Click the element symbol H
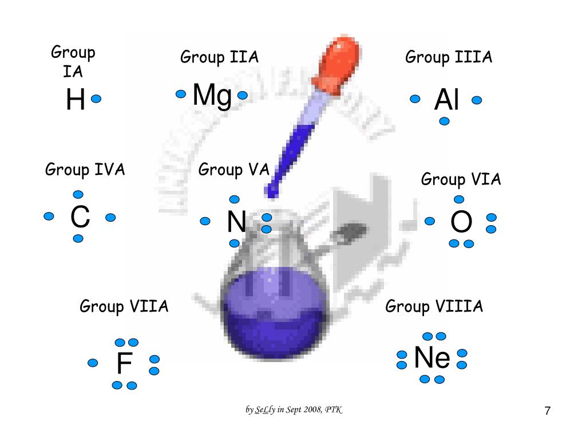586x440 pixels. (x=76, y=101)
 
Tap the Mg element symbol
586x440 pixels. (x=212, y=96)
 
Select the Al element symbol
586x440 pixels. (x=446, y=101)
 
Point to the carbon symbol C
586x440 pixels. (x=80, y=218)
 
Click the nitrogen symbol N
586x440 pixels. (x=236, y=222)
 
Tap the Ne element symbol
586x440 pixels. (x=432, y=359)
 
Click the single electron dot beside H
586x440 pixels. (x=96, y=99)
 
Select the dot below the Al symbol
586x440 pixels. (x=444, y=121)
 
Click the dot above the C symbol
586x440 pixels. (x=78, y=195)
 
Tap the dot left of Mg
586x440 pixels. (x=181, y=94)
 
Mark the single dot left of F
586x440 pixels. (x=93, y=363)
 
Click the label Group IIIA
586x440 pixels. (x=449, y=57)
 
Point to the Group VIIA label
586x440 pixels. (x=124, y=307)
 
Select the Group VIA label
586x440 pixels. (x=461, y=180)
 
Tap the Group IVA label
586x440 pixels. (x=85, y=170)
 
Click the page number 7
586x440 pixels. (x=548, y=411)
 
